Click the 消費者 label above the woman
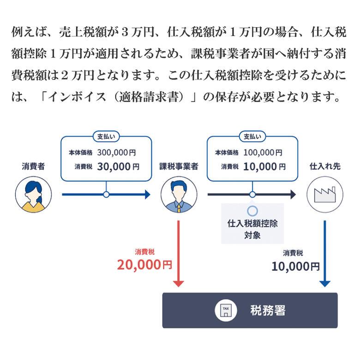coord(33,167)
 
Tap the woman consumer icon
coord(34,194)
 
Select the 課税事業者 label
coord(179,167)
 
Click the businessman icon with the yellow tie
coord(179,194)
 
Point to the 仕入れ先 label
coord(325,167)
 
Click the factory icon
coord(325,194)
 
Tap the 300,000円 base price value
coord(116,152)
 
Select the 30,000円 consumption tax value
coord(118,167)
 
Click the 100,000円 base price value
coord(263,152)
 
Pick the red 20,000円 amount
coord(144,265)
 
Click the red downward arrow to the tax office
coord(179,254)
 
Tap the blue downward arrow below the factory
coord(325,254)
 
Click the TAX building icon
coord(226,311)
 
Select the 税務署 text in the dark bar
coord(268,311)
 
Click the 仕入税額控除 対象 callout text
coord(252,229)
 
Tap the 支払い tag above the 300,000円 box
coord(106,137)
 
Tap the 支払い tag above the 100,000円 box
coord(252,137)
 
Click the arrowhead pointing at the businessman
coord(147,194)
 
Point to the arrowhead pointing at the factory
coord(293,194)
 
